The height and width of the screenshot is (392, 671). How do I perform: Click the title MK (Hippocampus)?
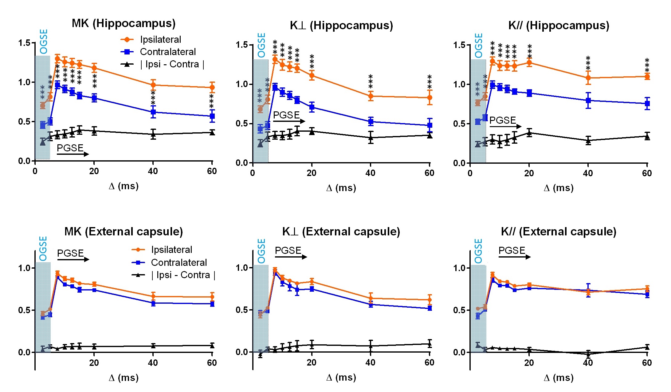pos(124,23)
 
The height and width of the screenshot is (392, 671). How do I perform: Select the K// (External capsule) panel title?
pos(559,231)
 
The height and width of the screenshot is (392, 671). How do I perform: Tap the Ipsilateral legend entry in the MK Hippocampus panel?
pos(160,39)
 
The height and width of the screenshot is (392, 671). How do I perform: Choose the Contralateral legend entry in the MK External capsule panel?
pos(179,262)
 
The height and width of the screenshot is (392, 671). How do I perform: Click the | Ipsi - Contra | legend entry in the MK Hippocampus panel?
pos(172,64)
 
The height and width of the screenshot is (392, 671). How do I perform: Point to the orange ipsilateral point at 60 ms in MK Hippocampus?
pos(212,87)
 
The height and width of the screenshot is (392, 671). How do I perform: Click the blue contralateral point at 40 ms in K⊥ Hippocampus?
pos(371,121)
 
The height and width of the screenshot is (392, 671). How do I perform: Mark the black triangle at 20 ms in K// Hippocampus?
pos(529,133)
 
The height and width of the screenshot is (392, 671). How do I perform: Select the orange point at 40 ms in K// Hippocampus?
pos(588,78)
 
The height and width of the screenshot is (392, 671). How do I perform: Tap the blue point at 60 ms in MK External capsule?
pos(212,304)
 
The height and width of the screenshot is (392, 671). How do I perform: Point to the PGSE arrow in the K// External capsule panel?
pos(514,257)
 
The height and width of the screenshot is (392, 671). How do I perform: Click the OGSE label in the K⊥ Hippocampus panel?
pos(261,45)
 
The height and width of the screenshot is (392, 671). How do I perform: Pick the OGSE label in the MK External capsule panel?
pos(43,249)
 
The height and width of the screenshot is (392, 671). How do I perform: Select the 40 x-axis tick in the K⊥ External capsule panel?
pos(371,363)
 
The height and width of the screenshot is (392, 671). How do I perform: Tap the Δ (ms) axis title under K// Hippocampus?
pos(559,188)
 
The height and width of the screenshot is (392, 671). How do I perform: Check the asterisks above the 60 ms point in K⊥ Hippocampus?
pos(430,82)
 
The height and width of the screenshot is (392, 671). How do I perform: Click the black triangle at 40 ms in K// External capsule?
pos(588,354)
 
